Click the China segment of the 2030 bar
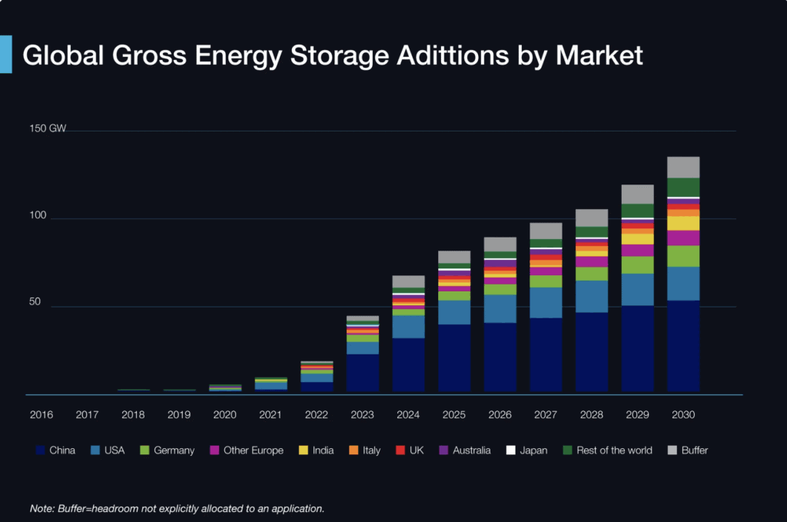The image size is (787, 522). click(683, 346)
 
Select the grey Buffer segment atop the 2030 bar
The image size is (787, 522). click(683, 167)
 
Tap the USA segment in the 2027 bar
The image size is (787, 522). click(546, 302)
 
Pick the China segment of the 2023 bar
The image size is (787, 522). click(363, 373)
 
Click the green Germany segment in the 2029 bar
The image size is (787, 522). click(637, 264)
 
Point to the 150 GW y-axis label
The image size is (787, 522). click(48, 128)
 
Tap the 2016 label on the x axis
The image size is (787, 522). click(42, 415)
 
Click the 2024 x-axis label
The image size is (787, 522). click(408, 415)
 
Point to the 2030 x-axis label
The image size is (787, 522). click(683, 415)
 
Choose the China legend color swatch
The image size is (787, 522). click(39, 451)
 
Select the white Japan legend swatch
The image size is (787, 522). click(509, 451)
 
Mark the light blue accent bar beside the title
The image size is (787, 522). click(5, 55)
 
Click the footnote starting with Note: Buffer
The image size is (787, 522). click(177, 508)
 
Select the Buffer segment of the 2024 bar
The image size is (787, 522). click(408, 281)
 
